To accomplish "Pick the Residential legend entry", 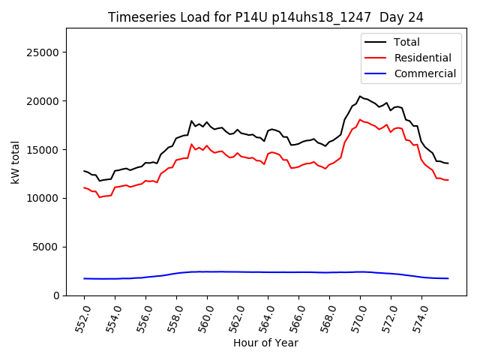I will click(x=422, y=58).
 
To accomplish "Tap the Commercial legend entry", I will click(x=424, y=73).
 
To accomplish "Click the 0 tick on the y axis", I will click(x=57, y=295).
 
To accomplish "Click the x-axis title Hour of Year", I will click(x=265, y=343).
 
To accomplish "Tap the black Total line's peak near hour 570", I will click(x=360, y=96).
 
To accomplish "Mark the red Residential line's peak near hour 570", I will click(x=360, y=119).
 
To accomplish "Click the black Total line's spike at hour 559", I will click(x=191, y=121).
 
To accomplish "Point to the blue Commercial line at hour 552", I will click(x=85, y=278).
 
